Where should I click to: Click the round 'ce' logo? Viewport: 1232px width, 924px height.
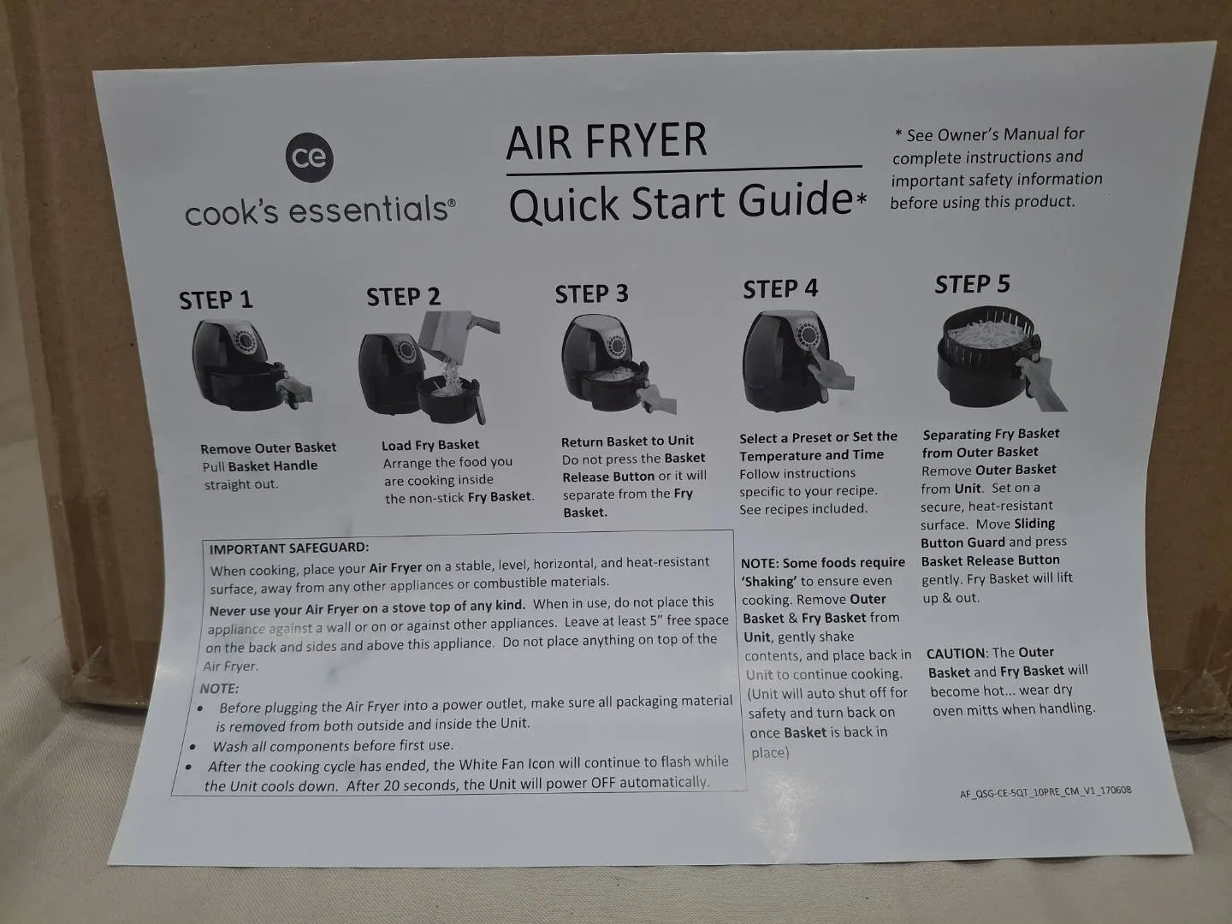(x=309, y=157)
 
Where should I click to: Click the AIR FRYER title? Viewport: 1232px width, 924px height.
(x=607, y=141)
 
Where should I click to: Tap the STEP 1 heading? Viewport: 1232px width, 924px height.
(x=216, y=300)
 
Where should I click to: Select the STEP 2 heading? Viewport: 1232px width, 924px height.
(x=404, y=297)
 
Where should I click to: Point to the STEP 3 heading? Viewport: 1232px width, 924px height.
(x=591, y=294)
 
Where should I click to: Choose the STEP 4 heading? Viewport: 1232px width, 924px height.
(x=780, y=289)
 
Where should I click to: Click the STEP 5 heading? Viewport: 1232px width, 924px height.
(x=972, y=284)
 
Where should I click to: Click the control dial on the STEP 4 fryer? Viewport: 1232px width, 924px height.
(x=808, y=335)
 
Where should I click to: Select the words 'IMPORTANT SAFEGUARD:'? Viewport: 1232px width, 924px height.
(x=289, y=548)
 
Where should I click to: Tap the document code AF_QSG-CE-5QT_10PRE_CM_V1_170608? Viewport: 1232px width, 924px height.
(x=1045, y=791)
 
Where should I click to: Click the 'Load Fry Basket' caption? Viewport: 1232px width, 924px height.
(x=430, y=445)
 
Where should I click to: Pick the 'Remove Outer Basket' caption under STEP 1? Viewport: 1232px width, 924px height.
(x=269, y=447)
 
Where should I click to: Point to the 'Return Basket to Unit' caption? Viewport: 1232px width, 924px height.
(x=627, y=441)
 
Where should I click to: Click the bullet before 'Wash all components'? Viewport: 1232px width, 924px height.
(x=193, y=747)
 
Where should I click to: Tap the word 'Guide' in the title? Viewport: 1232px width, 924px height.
(x=795, y=200)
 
